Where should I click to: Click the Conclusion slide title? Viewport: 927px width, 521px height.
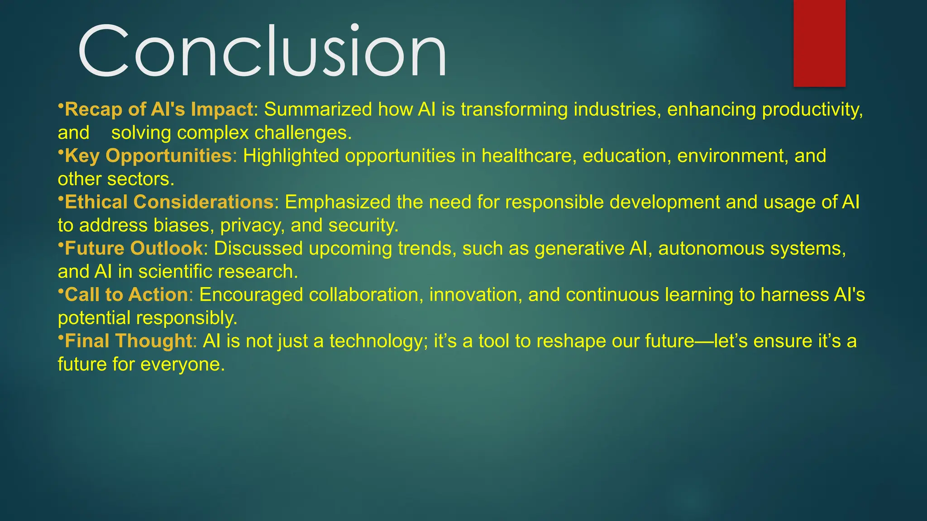pyautogui.click(x=263, y=51)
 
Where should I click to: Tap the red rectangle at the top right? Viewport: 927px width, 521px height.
pyautogui.click(x=819, y=43)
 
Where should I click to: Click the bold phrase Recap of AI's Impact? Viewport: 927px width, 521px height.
pyautogui.click(x=158, y=109)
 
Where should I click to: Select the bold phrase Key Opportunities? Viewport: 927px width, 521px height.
pyautogui.click(x=148, y=156)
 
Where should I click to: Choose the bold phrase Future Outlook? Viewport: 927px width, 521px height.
pyautogui.click(x=134, y=248)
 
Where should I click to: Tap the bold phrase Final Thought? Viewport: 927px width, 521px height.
pyautogui.click(x=129, y=341)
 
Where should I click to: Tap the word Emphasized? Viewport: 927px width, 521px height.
pyautogui.click(x=337, y=202)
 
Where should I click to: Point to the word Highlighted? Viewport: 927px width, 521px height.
pyautogui.click(x=291, y=156)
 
